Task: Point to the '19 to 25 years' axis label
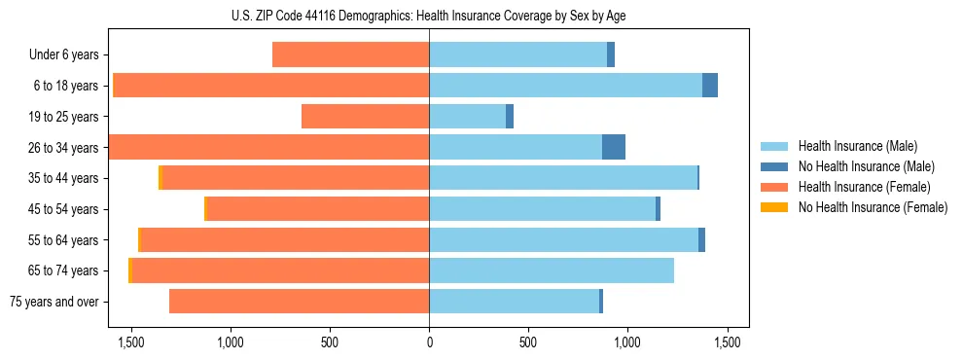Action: [x=63, y=117]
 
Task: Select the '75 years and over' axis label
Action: [x=53, y=302]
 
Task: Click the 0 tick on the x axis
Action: [x=429, y=342]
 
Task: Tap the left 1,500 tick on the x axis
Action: [x=130, y=342]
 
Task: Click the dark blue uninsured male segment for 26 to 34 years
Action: [x=614, y=147]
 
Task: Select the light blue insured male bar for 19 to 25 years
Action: [x=467, y=117]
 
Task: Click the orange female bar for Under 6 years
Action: [x=350, y=55]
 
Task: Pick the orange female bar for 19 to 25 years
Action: [x=365, y=117]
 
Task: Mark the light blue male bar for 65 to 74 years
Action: [x=551, y=270]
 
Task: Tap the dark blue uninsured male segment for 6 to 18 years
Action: [x=710, y=86]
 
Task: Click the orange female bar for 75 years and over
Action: [x=299, y=302]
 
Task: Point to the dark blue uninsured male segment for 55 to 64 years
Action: [x=701, y=239]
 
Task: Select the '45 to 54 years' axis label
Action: [x=63, y=209]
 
